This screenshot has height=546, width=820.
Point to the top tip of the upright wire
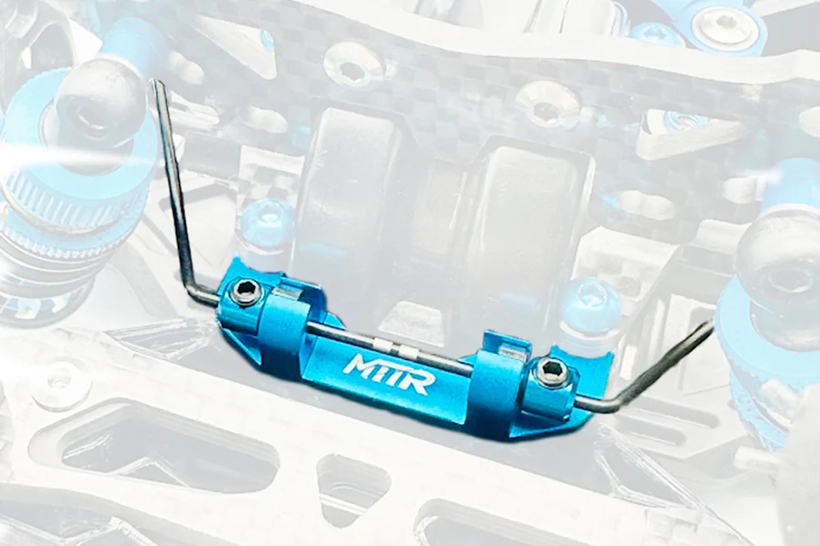156,84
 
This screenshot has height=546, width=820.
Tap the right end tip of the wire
712,323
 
